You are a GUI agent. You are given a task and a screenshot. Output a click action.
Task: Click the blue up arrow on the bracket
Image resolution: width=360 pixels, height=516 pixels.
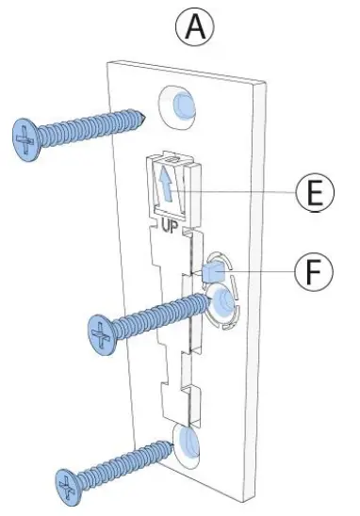pyautogui.click(x=165, y=183)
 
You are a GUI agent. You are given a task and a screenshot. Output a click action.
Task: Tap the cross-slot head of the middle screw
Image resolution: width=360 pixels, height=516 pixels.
pyautogui.click(x=101, y=332)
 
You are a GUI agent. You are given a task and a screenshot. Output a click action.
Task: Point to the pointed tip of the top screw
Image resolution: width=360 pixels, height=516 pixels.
pyautogui.click(x=145, y=116)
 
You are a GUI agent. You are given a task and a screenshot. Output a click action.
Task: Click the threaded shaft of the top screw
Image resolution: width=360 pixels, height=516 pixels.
pyautogui.click(x=94, y=126)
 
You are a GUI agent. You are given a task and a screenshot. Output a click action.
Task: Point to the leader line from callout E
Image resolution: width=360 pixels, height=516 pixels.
pyautogui.click(x=245, y=194)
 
